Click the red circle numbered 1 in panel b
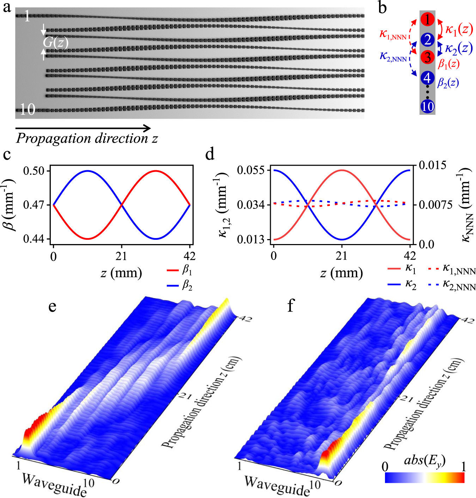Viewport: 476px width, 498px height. pyautogui.click(x=427, y=19)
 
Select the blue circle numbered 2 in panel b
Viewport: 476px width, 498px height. pyautogui.click(x=427, y=39)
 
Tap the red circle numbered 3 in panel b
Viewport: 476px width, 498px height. pyautogui.click(x=427, y=57)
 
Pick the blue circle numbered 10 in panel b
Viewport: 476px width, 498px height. pyautogui.click(x=427, y=106)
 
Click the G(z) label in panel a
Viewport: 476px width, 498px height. pyautogui.click(x=55, y=42)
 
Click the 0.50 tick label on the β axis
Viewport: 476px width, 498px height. pyautogui.click(x=34, y=171)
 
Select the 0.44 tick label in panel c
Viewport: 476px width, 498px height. pyautogui.click(x=34, y=239)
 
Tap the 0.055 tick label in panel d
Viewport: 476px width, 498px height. pyautogui.click(x=251, y=170)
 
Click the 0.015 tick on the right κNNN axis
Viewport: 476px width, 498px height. pyautogui.click(x=432, y=165)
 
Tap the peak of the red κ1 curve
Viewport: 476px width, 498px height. pyautogui.click(x=341, y=170)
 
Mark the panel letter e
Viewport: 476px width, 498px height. pyautogui.click(x=52, y=306)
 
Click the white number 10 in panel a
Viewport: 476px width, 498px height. pyautogui.click(x=27, y=109)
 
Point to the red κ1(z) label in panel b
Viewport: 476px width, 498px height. pyautogui.click(x=459, y=30)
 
